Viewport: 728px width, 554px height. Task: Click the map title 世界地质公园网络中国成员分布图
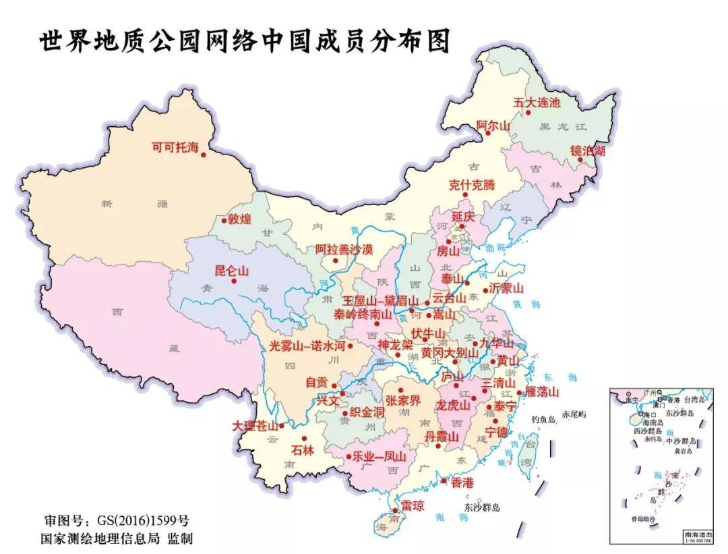(x=244, y=41)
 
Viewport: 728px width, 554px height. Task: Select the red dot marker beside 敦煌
(x=224, y=219)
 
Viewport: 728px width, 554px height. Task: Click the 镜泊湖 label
(x=588, y=150)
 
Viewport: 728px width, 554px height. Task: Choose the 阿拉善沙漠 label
(x=344, y=249)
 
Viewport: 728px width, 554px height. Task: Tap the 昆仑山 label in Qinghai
(x=231, y=271)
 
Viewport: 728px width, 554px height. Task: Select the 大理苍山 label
(x=255, y=426)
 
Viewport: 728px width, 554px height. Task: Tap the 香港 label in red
(x=462, y=482)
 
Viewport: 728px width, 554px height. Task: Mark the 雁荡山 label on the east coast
(x=542, y=391)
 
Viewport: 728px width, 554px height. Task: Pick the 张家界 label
(x=402, y=400)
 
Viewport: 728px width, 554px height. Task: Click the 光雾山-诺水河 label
(x=307, y=345)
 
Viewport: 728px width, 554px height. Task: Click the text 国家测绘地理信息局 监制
(x=117, y=538)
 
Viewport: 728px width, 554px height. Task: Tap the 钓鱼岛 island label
(x=543, y=419)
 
